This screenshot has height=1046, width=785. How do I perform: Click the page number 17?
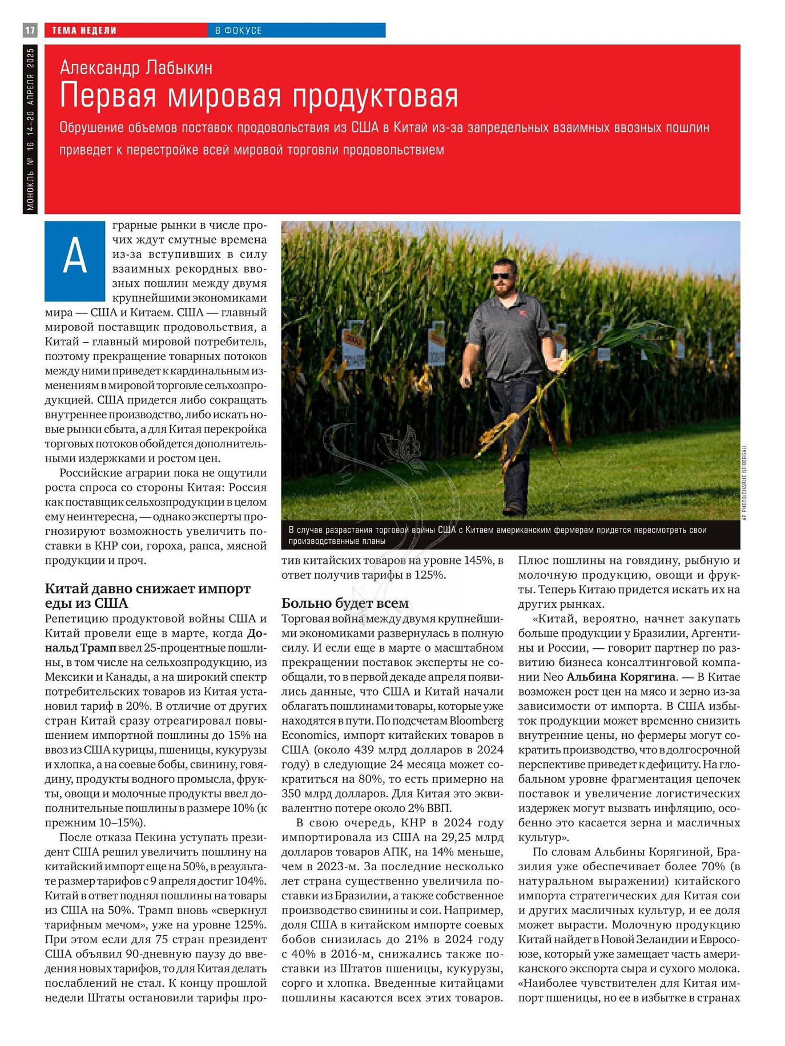coord(30,30)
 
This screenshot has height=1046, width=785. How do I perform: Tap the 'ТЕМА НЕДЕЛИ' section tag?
coord(84,30)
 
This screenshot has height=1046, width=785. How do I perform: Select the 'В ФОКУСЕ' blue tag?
coord(238,30)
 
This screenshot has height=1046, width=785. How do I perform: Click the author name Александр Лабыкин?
coord(136,68)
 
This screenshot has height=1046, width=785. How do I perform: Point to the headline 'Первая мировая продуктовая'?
coord(259,95)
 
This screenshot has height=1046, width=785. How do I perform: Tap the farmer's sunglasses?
coord(502,276)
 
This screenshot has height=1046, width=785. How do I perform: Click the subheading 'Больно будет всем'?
coord(345,603)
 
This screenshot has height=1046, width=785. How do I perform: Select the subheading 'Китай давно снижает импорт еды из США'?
coord(147,596)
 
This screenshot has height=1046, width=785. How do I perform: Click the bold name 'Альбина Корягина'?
coord(621,677)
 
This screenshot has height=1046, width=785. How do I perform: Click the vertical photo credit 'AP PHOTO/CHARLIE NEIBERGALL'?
coord(744,482)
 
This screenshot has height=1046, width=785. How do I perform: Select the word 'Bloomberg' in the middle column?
coord(476,721)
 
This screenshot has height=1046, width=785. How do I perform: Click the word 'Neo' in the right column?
coord(553,677)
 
